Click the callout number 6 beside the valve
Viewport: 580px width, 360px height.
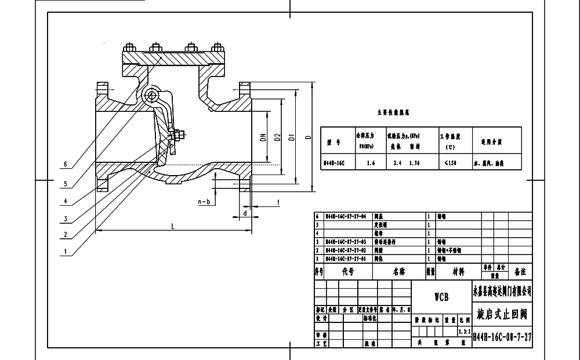pyautogui.click(x=66, y=164)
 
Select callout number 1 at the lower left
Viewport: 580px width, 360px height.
pyautogui.click(x=66, y=252)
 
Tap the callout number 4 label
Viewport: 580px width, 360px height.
pyautogui.click(x=66, y=201)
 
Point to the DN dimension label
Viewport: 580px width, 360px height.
pyautogui.click(x=262, y=138)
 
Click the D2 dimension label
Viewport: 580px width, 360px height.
pyautogui.click(x=277, y=137)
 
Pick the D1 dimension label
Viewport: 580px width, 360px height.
pyautogui.click(x=292, y=137)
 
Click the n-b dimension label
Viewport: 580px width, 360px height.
pyautogui.click(x=204, y=202)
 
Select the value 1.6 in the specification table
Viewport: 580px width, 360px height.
pyautogui.click(x=371, y=163)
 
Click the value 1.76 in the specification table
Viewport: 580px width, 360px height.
pyautogui.click(x=414, y=163)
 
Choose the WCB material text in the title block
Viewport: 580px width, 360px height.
pyautogui.click(x=441, y=297)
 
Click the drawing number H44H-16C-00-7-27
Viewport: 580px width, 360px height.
pyautogui.click(x=503, y=336)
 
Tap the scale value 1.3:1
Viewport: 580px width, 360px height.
pyautogui.click(x=463, y=332)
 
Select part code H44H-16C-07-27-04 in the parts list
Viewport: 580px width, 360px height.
pyautogui.click(x=346, y=216)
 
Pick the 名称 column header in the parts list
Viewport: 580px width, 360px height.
pyautogui.click(x=398, y=271)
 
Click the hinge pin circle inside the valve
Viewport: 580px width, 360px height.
pyautogui.click(x=153, y=95)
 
